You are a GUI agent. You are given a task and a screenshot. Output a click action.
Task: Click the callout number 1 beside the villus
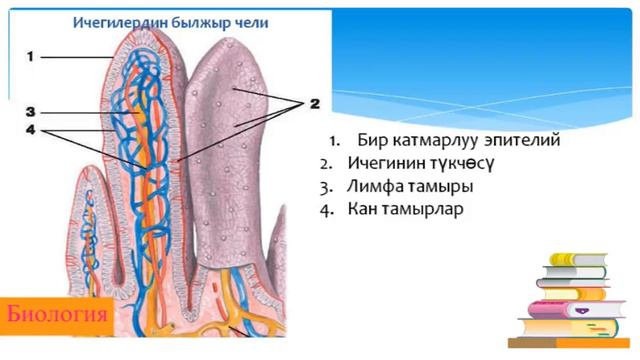(30, 56)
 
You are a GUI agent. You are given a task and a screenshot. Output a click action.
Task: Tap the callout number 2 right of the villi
(314, 104)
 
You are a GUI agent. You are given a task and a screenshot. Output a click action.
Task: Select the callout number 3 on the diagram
(30, 112)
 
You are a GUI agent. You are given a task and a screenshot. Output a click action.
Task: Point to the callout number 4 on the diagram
(31, 131)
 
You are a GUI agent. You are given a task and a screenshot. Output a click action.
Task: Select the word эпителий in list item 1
(522, 140)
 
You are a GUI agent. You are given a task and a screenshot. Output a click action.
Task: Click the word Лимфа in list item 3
(369, 187)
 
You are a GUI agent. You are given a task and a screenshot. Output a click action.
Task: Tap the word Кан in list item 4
(360, 209)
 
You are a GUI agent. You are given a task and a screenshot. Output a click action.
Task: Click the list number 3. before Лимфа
(327, 188)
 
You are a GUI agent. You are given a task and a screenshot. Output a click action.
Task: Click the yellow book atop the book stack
(577, 259)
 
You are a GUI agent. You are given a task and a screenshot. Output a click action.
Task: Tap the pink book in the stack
(576, 309)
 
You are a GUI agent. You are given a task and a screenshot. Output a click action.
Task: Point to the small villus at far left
(90, 229)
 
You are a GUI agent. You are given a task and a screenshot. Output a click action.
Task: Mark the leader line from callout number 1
(76, 57)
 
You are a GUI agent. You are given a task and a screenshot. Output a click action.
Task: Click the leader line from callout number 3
(89, 113)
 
